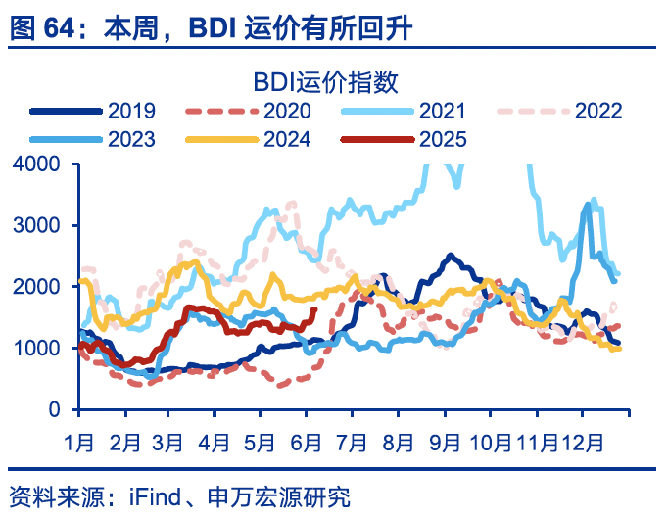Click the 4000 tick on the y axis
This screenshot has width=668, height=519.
click(x=36, y=164)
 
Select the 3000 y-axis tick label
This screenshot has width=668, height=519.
click(x=36, y=225)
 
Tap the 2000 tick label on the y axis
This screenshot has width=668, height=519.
click(x=36, y=287)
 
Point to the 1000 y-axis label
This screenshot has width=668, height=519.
click(x=36, y=349)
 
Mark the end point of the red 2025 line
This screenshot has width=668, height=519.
click(x=314, y=310)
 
